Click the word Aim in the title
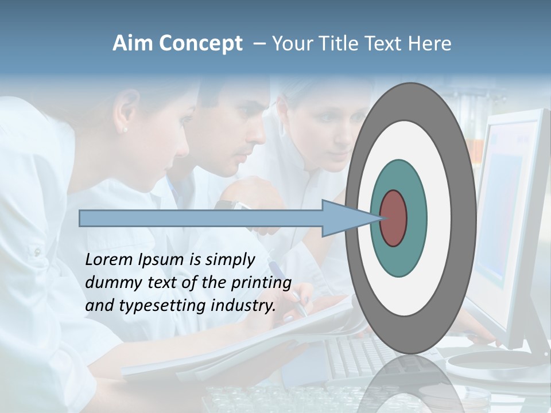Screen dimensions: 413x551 tap(133, 44)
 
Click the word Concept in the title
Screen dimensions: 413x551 tap(200, 44)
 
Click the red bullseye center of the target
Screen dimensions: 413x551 tap(394, 218)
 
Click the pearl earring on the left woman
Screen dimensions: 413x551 tap(125, 130)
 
